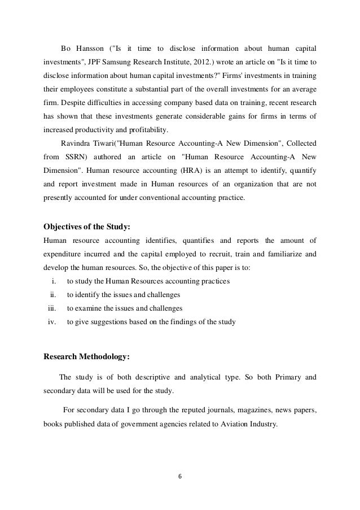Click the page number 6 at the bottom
click(179, 475)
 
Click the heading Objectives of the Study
click(87, 227)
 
